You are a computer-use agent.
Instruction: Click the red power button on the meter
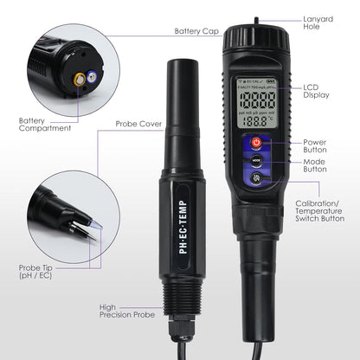256,142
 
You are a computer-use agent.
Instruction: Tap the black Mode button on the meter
256,160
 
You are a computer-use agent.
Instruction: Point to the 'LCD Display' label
316,93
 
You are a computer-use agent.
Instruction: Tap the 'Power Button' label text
316,146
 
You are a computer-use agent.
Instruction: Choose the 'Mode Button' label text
316,164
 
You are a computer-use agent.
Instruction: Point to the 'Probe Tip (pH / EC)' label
38,273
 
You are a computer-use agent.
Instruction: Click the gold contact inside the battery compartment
80,78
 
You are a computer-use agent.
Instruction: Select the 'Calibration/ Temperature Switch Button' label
320,209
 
